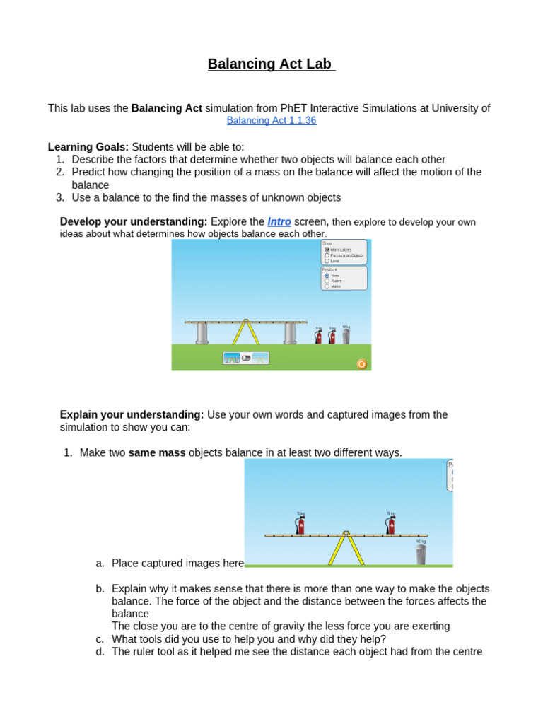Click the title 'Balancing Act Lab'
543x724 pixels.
(271, 64)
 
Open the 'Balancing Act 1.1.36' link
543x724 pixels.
(271, 120)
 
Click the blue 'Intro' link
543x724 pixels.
(279, 221)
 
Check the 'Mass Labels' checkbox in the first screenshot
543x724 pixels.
(327, 250)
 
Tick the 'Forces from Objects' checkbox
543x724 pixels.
(327, 255)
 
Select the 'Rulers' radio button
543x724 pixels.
(327, 281)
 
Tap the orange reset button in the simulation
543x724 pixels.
(361, 363)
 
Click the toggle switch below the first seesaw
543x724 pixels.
(245, 358)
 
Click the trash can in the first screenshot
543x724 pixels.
(346, 336)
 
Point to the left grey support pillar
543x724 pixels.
(202, 333)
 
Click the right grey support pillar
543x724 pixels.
(290, 333)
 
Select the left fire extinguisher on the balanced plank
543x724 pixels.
(300, 525)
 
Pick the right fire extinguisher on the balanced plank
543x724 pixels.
(390, 525)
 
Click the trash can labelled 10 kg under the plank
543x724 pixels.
(421, 554)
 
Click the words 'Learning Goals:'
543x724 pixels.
(88, 146)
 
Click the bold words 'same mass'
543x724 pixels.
(157, 452)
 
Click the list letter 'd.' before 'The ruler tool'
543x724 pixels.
(100, 651)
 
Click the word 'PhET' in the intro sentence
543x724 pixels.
(295, 108)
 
